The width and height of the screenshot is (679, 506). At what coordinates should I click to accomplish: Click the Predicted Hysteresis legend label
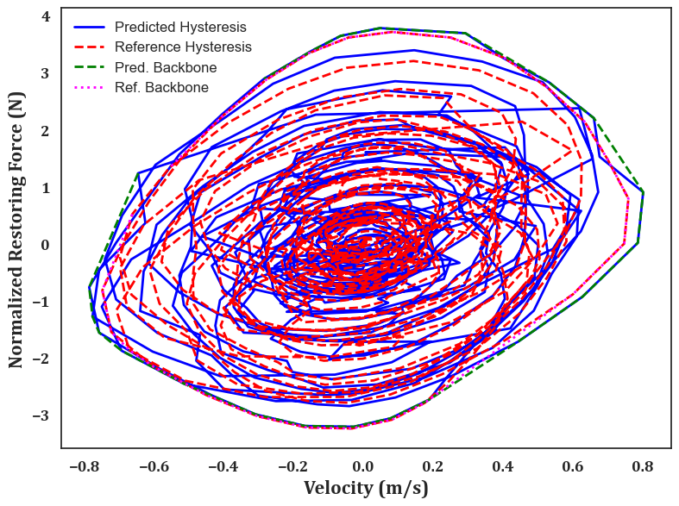coord(180,27)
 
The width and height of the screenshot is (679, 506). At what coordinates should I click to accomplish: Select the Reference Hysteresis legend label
coord(183,47)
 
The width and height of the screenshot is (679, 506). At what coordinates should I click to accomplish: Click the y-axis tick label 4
coord(46,17)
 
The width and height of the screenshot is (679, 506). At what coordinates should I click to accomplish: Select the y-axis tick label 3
coord(46,74)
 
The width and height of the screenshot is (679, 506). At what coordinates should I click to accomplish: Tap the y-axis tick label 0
coord(46,245)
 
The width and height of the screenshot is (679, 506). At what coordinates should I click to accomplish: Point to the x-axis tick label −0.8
coord(84,466)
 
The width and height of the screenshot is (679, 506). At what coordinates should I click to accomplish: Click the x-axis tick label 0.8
coord(643,466)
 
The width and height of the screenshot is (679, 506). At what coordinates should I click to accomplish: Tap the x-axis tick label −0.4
coord(223,466)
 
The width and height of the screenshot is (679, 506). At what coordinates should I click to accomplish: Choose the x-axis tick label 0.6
coord(573,466)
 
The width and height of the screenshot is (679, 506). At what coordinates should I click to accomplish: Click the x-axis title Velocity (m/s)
coord(366,488)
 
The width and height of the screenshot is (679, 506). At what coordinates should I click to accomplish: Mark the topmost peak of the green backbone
coord(380,28)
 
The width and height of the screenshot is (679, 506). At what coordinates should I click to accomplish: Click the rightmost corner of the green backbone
coord(644,192)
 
